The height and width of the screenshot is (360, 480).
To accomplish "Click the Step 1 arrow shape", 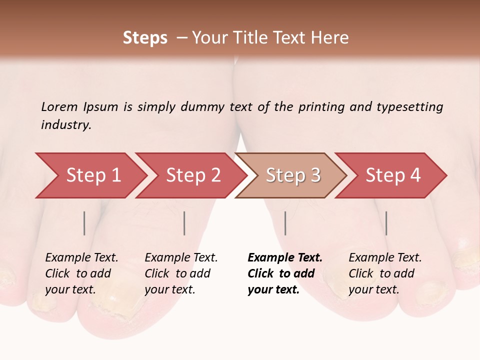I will click(93, 175).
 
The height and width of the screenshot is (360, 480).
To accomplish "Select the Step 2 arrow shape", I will click(193, 175).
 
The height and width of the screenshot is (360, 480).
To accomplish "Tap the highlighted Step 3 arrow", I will click(293, 175).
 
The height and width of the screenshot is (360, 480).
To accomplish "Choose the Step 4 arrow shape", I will click(393, 175).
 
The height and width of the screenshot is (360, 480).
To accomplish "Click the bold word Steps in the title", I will click(145, 38).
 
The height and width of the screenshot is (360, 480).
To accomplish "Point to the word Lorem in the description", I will click(59, 106).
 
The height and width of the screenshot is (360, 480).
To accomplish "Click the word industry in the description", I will click(65, 125).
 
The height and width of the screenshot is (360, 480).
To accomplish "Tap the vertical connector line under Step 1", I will click(84, 223).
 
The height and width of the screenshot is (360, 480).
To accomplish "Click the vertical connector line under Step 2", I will click(184, 223).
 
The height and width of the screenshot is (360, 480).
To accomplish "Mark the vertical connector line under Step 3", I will click(285, 223).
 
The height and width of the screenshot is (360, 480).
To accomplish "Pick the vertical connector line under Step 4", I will click(386, 223).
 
